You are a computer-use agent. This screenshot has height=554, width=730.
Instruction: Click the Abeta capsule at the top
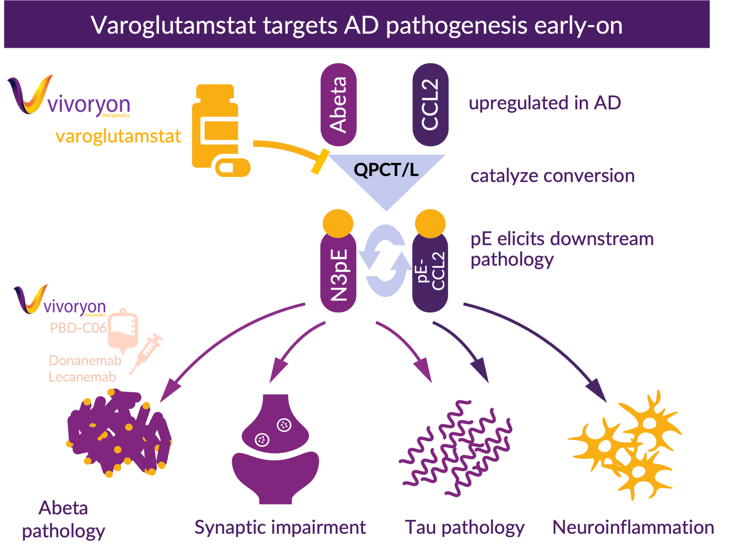338,105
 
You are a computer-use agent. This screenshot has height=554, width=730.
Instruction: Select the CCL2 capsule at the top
430,105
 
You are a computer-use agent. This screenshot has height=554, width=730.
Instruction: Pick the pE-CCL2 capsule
430,273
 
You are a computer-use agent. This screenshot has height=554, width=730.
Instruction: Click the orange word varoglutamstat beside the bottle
118,137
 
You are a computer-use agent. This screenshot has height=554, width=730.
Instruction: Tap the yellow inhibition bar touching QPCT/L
320,161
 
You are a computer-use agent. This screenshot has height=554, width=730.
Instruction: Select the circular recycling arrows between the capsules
385,261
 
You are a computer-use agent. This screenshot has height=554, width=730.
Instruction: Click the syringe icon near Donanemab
146,353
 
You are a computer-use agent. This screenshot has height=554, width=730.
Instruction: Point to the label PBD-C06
78,328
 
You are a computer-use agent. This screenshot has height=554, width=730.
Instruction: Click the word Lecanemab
82,377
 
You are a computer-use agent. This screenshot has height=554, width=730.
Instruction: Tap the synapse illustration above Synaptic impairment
275,449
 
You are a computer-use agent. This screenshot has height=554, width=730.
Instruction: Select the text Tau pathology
464,528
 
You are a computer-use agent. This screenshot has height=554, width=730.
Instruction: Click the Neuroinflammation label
633,527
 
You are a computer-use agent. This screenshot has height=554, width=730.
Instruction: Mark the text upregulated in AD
545,103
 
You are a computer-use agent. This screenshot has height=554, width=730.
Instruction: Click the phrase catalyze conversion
552,176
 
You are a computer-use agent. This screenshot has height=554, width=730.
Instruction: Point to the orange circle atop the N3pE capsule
338,223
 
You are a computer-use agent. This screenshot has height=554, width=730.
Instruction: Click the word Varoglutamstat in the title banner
174,26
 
